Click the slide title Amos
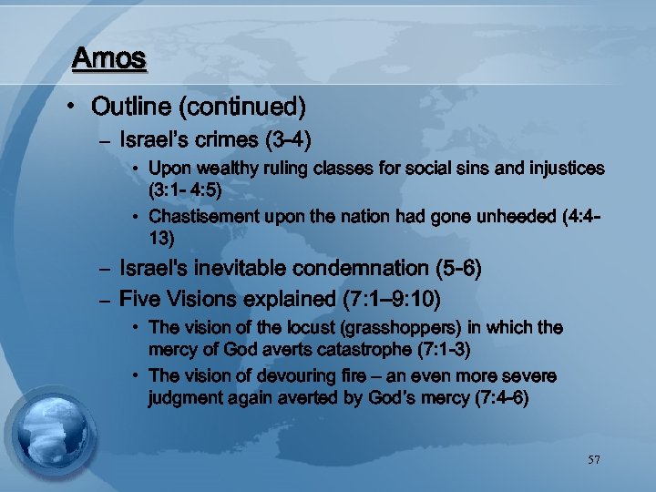click(x=108, y=58)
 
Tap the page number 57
click(x=594, y=461)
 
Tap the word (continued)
click(x=241, y=107)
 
